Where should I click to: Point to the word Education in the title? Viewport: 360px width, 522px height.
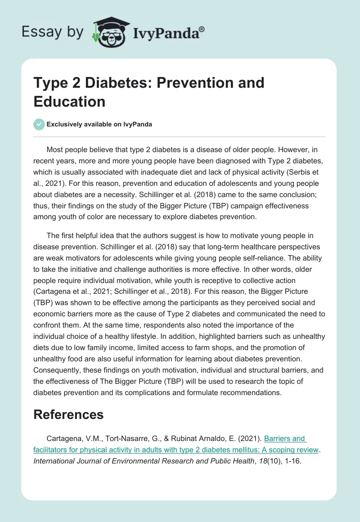[x=69, y=101]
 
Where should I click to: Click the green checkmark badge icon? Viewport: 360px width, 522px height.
[x=39, y=125]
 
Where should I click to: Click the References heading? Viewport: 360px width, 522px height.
[x=68, y=414]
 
